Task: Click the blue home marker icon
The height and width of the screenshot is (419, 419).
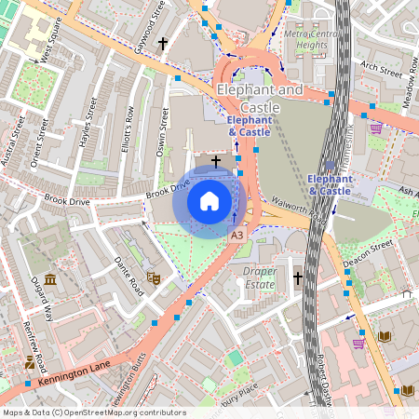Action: [209, 200]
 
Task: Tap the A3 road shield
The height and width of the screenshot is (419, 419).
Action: [237, 237]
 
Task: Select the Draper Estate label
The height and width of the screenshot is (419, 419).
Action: [260, 278]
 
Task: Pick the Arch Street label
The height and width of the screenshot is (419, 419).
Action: [380, 69]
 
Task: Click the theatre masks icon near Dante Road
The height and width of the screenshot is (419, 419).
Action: [155, 277]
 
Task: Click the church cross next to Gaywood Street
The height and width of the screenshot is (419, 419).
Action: [164, 43]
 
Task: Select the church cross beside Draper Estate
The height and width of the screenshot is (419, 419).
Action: [298, 277]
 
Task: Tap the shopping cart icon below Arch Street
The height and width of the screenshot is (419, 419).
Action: [375, 128]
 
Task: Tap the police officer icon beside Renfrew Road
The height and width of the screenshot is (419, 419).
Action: [32, 361]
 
